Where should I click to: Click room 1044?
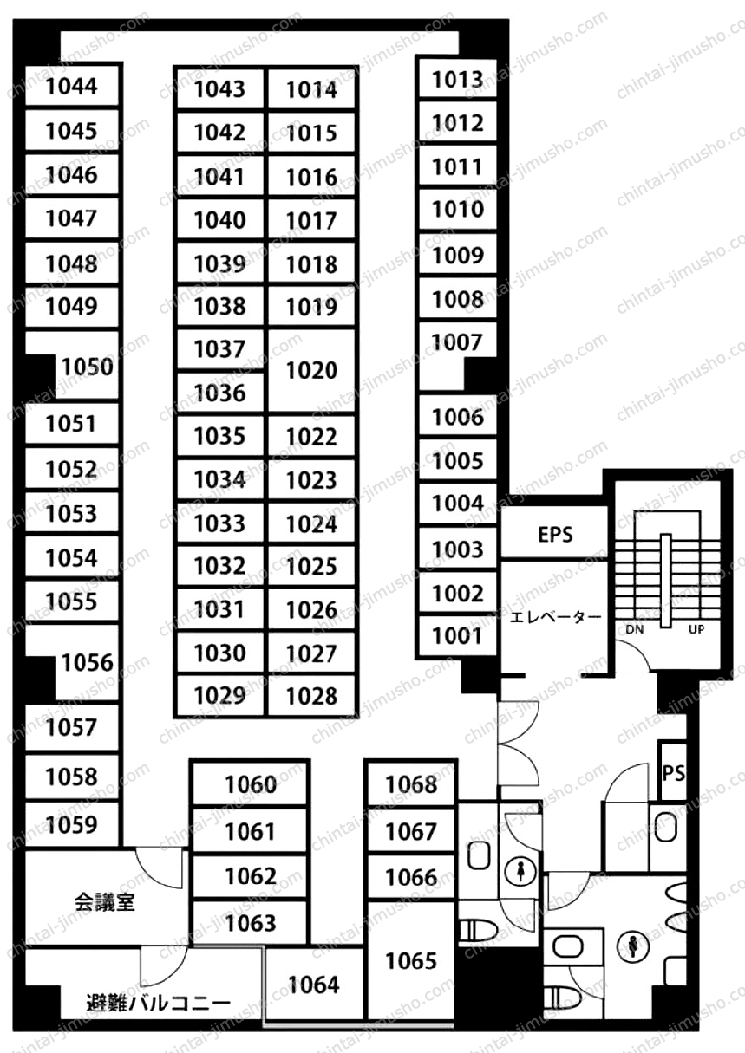(x=71, y=86)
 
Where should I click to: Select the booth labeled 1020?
(x=312, y=370)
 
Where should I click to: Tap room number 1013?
(x=458, y=80)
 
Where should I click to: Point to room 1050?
(x=88, y=367)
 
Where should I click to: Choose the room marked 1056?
(x=88, y=663)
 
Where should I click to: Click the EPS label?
(x=555, y=535)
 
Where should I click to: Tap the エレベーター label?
(x=555, y=616)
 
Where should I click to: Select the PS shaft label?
(x=674, y=773)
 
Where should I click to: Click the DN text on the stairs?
(x=635, y=629)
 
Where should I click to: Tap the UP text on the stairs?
(x=696, y=629)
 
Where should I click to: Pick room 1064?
(x=314, y=985)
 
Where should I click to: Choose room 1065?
(x=411, y=961)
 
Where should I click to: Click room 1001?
(x=458, y=636)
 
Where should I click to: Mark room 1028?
(x=312, y=696)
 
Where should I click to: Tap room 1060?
(x=251, y=784)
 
